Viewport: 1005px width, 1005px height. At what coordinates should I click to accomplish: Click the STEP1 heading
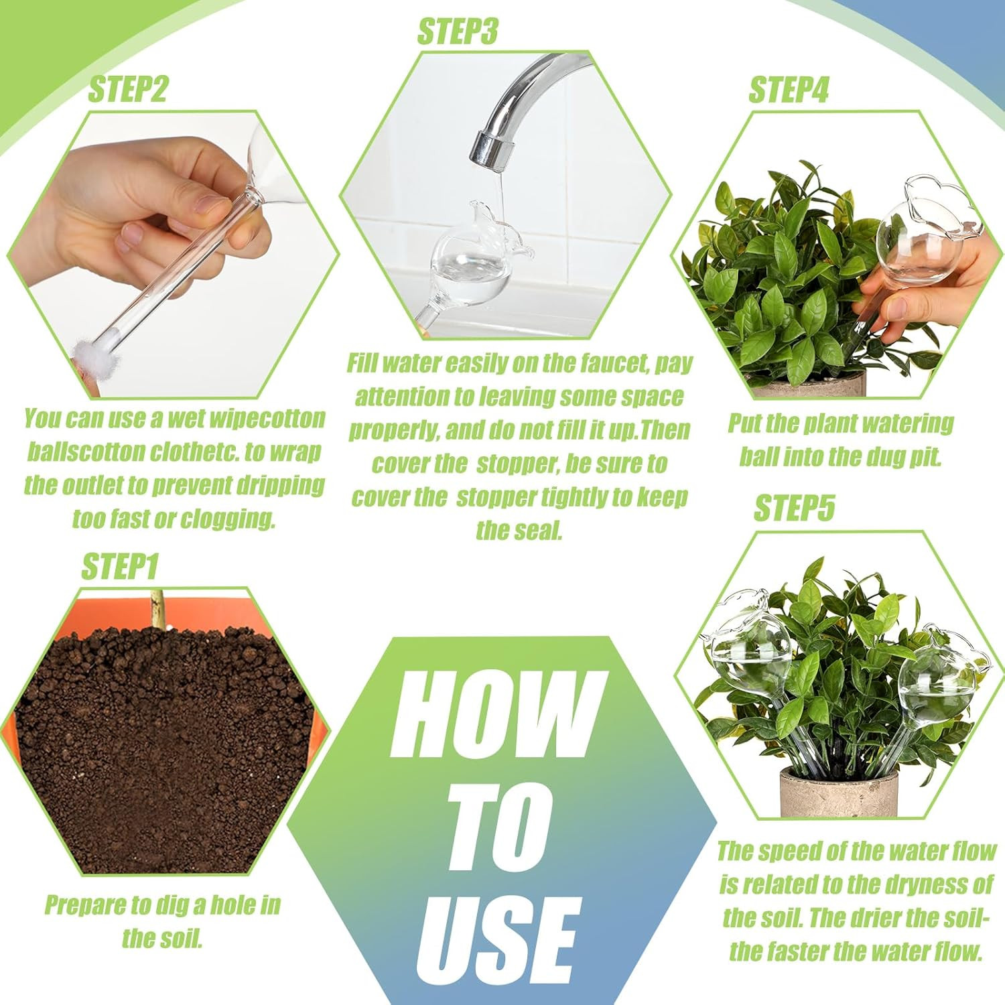point(119,567)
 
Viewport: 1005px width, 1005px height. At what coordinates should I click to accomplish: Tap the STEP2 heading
point(127,89)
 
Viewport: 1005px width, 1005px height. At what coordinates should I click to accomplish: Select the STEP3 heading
point(458,31)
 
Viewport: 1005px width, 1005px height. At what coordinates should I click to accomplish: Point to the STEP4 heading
point(789,90)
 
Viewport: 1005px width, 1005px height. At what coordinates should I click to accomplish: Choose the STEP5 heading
point(794,508)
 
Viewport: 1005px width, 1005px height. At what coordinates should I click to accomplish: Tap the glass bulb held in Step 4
point(918,241)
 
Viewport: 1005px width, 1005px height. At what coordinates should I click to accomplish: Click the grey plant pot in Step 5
point(837,794)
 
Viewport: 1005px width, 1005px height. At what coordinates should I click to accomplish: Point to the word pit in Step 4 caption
point(926,458)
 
